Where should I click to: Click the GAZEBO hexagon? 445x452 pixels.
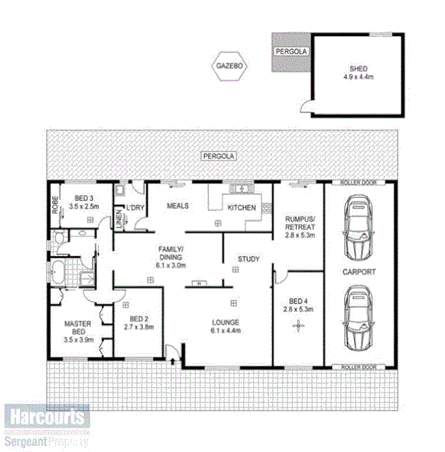pyautogui.click(x=229, y=67)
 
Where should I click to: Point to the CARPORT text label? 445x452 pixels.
pyautogui.click(x=359, y=272)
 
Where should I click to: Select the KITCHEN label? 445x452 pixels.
pyautogui.click(x=242, y=207)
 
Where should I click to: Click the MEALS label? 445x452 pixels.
pyautogui.click(x=177, y=205)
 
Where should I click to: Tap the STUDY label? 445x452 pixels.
pyautogui.click(x=248, y=259)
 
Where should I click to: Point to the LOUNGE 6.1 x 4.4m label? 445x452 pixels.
pyautogui.click(x=226, y=326)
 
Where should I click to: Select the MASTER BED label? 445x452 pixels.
pyautogui.click(x=77, y=330)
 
